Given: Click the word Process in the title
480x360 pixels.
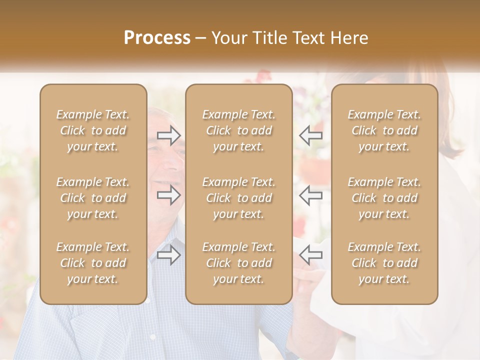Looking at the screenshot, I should click(157, 38).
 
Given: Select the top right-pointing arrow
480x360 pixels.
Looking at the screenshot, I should click(169, 135).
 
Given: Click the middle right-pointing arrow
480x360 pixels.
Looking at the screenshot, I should click(169, 195).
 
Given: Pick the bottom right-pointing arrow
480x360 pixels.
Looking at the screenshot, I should click(169, 255).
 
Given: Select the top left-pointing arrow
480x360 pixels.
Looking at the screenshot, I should click(311, 135).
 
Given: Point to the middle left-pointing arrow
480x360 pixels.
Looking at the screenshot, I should click(311, 195).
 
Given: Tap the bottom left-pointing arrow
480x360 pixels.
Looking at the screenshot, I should click(311, 255).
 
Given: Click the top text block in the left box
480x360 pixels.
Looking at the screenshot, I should click(93, 130).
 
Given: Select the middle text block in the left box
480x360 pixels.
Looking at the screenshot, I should click(93, 198).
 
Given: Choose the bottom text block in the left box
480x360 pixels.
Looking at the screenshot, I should click(93, 263).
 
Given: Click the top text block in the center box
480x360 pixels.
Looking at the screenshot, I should click(238, 130).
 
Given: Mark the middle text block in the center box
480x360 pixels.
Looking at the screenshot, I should click(238, 198).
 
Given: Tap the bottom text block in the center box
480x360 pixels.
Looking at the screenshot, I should click(238, 263).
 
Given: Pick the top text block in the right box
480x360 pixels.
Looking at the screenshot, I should click(384, 130).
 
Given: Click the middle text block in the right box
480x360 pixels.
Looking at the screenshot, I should click(384, 198).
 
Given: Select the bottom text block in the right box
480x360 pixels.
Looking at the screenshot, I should click(384, 263).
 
